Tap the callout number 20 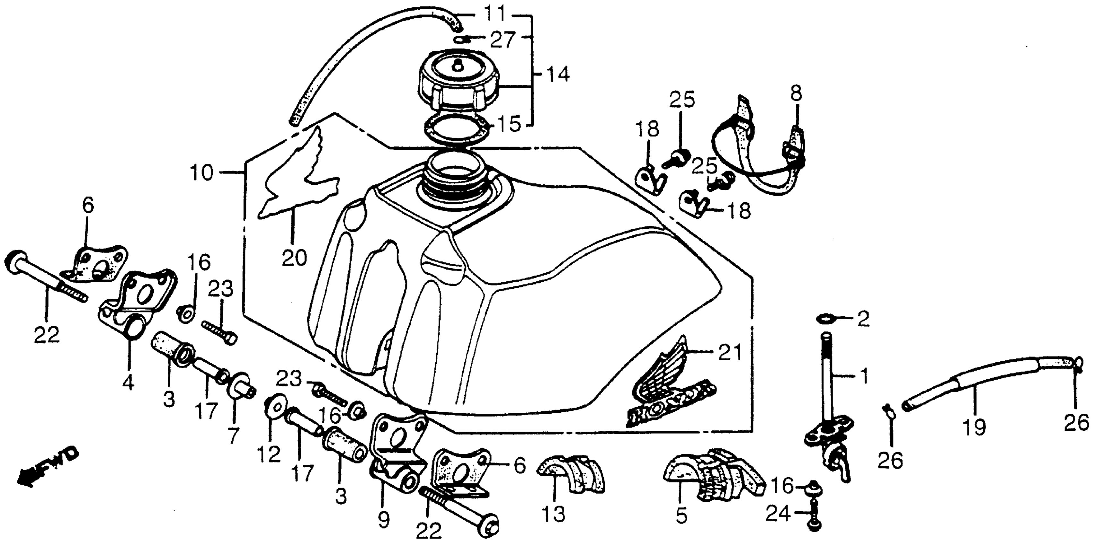tap(295, 258)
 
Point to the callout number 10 tap(201, 173)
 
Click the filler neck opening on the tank tap(454, 171)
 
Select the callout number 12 tap(269, 454)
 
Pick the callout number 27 tap(503, 40)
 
